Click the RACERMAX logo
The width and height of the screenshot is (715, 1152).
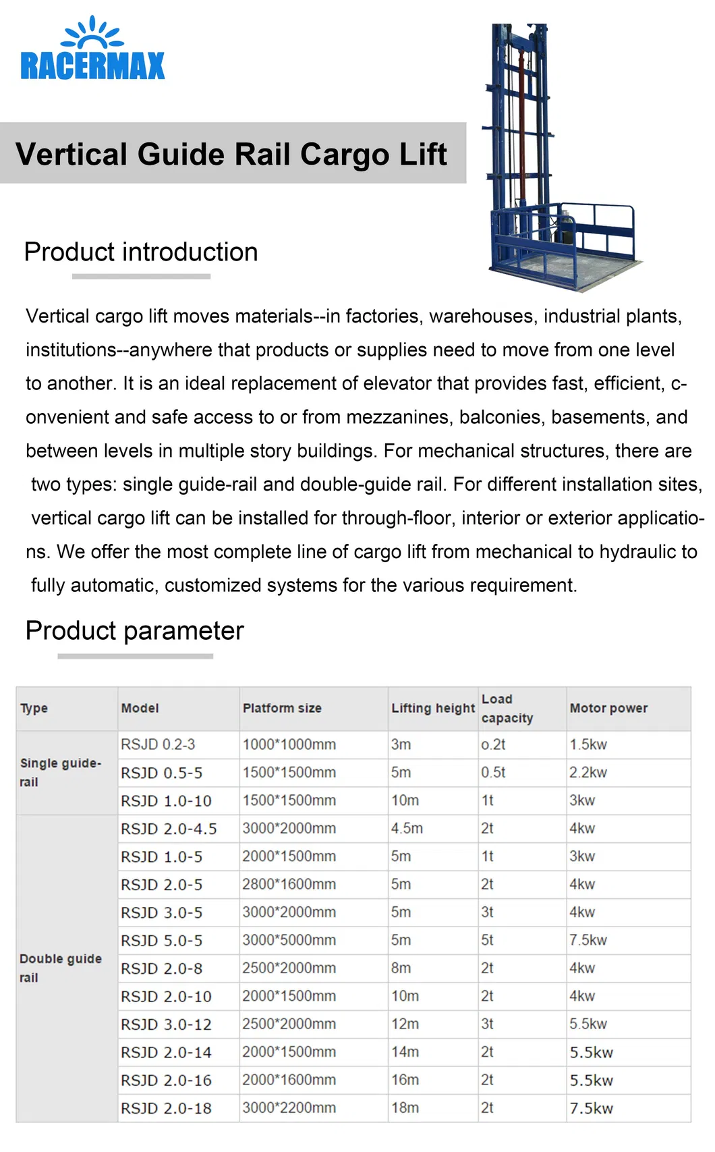click(x=92, y=51)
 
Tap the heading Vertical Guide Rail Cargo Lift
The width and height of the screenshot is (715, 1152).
click(x=231, y=154)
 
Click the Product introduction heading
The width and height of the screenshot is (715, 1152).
click(x=141, y=252)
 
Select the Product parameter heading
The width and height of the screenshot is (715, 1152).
click(x=134, y=630)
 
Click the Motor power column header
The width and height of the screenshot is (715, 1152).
click(x=608, y=708)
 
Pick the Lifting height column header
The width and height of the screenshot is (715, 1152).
click(x=433, y=708)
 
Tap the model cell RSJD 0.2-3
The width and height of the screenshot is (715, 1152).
click(x=158, y=744)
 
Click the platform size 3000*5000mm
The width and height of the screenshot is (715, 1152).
click(x=289, y=940)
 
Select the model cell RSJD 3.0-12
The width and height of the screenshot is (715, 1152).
click(x=166, y=1024)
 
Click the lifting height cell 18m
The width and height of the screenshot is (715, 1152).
click(x=405, y=1107)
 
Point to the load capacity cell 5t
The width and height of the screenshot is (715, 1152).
click(x=487, y=940)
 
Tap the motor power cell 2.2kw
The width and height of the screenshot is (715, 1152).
click(x=588, y=772)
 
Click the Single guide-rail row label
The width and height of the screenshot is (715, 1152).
click(x=60, y=772)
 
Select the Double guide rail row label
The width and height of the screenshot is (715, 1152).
click(x=60, y=968)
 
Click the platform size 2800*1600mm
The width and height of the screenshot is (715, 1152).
click(x=289, y=884)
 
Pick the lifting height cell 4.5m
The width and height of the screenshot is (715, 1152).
click(x=407, y=828)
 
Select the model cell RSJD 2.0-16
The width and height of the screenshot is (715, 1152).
click(x=166, y=1080)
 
